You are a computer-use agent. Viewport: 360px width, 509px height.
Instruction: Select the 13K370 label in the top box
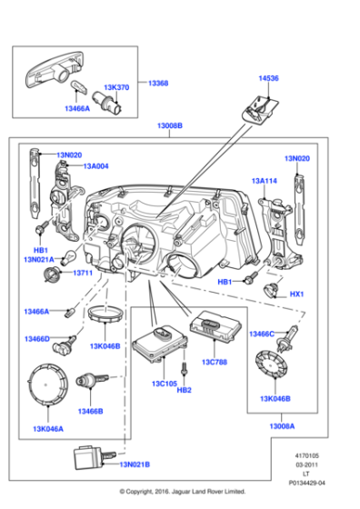(116, 88)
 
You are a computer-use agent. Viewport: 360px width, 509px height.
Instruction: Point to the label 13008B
(168, 126)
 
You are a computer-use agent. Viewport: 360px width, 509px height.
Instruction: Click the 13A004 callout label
(96, 166)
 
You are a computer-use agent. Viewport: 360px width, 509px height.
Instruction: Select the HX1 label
(295, 294)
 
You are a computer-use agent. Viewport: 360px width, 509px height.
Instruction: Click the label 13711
(84, 273)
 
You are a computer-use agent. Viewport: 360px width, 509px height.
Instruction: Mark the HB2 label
(185, 390)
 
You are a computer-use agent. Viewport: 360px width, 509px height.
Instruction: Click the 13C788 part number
(213, 362)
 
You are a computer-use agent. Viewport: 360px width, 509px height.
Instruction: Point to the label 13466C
(262, 334)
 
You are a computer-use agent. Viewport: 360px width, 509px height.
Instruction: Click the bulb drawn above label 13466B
(90, 379)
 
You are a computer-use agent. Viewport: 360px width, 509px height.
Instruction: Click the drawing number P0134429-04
(310, 483)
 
